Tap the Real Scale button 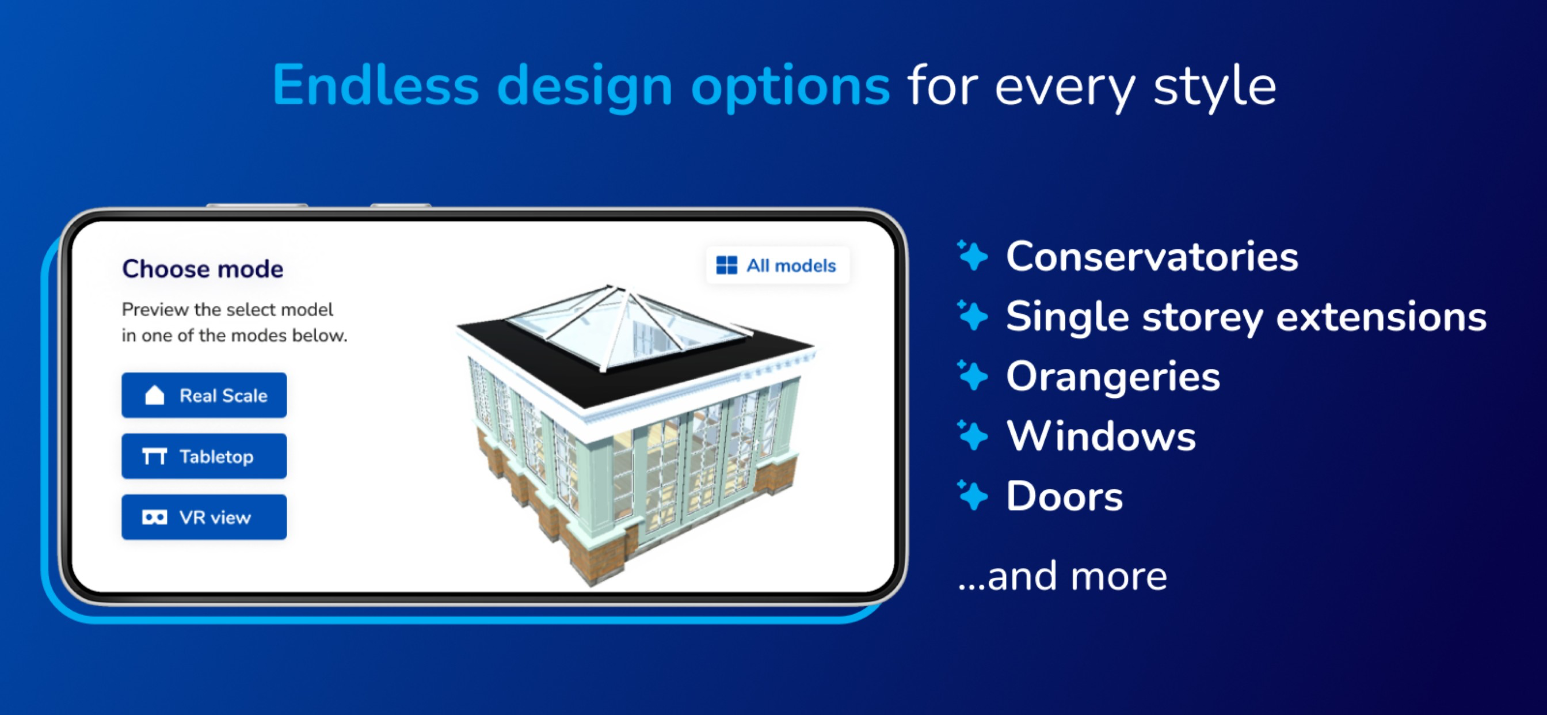(x=204, y=395)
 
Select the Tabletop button (x=204, y=456)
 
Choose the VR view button (x=204, y=517)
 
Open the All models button (x=778, y=265)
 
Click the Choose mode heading (x=203, y=269)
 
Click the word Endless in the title (x=375, y=85)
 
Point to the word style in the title (x=1214, y=88)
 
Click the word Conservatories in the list (x=1152, y=257)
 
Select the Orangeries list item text (x=1113, y=377)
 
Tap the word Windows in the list (x=1101, y=436)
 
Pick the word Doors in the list (x=1064, y=496)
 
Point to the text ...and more (x=1062, y=576)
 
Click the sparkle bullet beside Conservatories (x=972, y=256)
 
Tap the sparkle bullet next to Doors (x=972, y=495)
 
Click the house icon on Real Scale (x=154, y=395)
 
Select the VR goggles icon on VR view (x=154, y=518)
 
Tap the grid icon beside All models (x=727, y=265)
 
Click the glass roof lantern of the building (x=627, y=328)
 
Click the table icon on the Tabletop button (x=154, y=457)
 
